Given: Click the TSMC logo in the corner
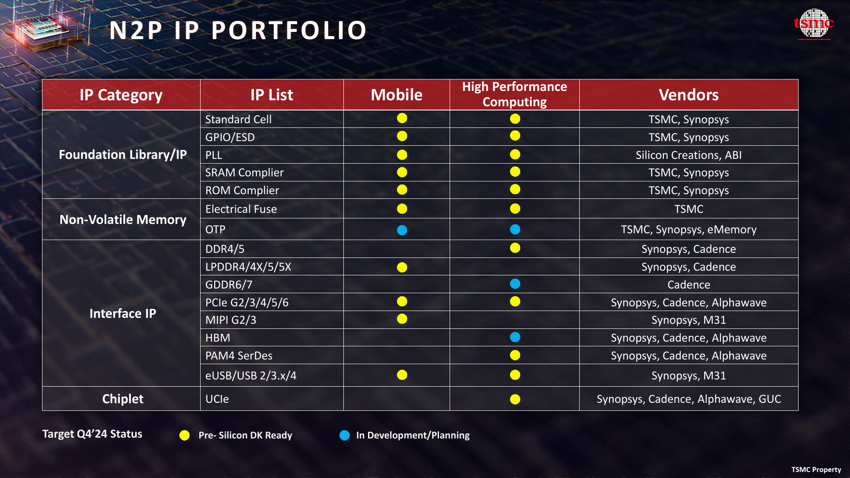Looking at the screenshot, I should (x=814, y=24).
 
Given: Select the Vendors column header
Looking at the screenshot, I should (x=688, y=95).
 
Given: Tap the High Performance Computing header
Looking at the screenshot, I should (x=514, y=94).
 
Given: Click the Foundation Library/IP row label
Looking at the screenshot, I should (x=122, y=155).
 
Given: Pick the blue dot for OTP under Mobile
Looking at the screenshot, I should (x=402, y=230).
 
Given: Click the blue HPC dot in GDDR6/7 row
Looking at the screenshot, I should (x=515, y=284).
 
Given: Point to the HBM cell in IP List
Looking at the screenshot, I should (x=218, y=338).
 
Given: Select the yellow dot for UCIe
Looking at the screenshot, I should (x=515, y=399).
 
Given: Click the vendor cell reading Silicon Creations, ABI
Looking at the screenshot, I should (x=688, y=155).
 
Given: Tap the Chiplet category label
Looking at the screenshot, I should (x=122, y=399).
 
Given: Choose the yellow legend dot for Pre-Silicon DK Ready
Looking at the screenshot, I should (x=184, y=435).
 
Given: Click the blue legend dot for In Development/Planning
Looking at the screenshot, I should (x=345, y=435).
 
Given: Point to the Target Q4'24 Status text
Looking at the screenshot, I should (x=92, y=434).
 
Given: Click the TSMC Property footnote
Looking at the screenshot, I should (x=816, y=470).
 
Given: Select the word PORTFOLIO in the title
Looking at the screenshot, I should (x=289, y=31).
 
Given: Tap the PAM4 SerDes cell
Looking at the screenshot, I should (x=239, y=356).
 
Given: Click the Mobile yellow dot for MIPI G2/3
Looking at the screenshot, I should (x=402, y=319).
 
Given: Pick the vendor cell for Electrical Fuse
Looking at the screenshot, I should (x=688, y=209).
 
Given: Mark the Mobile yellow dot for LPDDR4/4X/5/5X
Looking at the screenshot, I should (x=402, y=267).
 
